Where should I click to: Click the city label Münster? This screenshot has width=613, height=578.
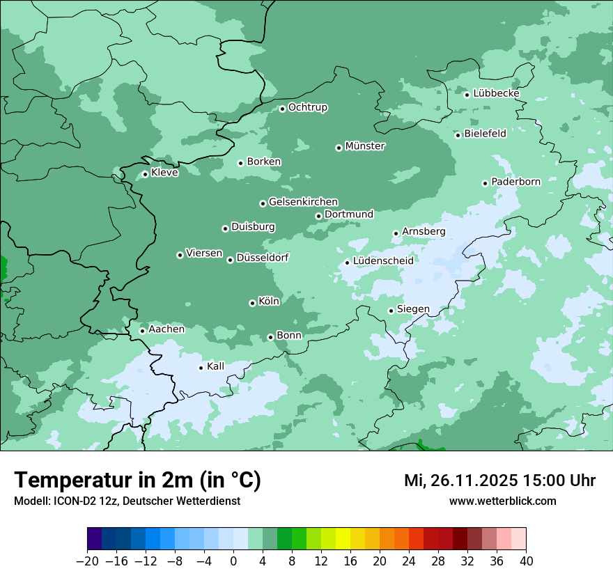[x=365, y=146]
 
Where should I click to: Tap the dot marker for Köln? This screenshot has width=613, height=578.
[x=252, y=303]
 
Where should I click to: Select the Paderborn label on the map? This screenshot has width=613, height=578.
[x=515, y=182]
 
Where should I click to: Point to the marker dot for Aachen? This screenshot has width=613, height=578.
[x=142, y=331]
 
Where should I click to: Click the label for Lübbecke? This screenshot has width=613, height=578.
[x=496, y=93]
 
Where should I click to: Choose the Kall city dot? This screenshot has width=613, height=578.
[x=201, y=368]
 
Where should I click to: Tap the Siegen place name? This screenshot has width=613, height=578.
[x=413, y=309]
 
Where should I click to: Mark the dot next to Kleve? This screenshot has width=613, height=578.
[x=145, y=174]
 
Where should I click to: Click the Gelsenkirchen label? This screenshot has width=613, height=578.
[x=303, y=202]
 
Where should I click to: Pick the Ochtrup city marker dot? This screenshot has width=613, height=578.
[x=282, y=109]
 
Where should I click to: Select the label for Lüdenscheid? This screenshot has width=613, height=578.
[x=383, y=261]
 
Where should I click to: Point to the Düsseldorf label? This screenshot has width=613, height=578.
[x=263, y=258]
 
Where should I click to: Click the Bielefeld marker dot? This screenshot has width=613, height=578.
[x=458, y=135]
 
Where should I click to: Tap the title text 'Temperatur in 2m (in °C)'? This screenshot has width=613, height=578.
[x=137, y=480]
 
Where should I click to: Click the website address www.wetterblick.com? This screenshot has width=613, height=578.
[x=502, y=501]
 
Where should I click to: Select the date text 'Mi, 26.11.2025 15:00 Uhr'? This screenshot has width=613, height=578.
[x=499, y=481]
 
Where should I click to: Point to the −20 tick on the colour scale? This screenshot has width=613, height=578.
[x=87, y=561]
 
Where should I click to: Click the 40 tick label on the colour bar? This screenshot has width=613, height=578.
[x=526, y=561]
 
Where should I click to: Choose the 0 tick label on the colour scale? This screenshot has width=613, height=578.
[x=233, y=561]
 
